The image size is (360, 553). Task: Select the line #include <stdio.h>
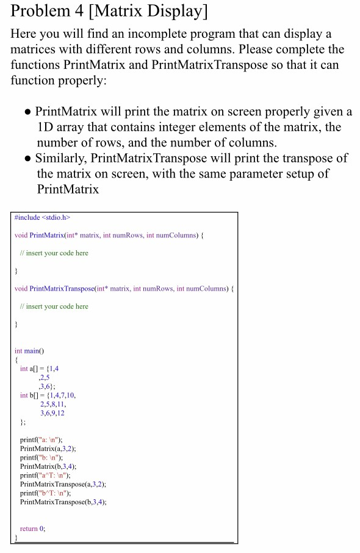point(38,217)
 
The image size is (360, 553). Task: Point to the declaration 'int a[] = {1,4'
point(39,369)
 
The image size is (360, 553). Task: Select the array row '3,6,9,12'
point(52,413)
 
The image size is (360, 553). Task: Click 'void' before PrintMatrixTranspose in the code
point(20,288)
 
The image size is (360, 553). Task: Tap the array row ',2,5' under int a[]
point(43,377)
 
